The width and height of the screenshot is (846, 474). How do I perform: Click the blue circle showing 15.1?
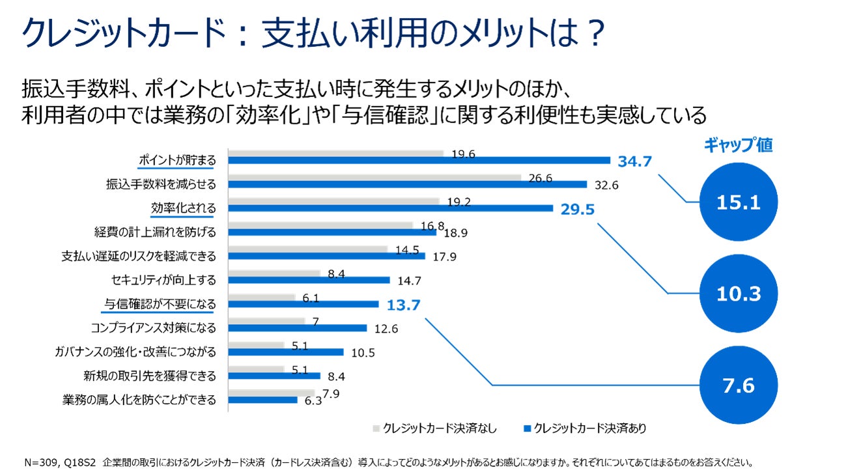pos(739,202)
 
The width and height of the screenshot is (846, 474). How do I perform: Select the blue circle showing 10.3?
pos(739,294)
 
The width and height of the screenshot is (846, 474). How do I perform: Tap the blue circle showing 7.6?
pos(739,385)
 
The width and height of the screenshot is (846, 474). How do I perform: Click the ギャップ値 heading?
pos(738,145)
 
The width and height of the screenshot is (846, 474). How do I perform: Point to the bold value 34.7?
pos(635,161)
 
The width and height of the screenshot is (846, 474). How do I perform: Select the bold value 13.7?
pos(404,304)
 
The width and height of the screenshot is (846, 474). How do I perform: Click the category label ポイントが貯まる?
pos(176,160)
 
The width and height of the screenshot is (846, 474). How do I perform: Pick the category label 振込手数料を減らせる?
pos(161,184)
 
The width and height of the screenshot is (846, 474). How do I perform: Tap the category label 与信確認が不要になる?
pos(160,303)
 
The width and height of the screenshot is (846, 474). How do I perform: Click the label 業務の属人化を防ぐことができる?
pos(139,399)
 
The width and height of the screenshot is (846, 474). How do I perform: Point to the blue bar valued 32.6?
pos(407,184)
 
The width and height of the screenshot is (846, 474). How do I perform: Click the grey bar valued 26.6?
pos(374,177)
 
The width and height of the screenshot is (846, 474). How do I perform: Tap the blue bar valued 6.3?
pos(262,400)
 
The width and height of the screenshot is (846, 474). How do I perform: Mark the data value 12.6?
pos(386,328)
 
